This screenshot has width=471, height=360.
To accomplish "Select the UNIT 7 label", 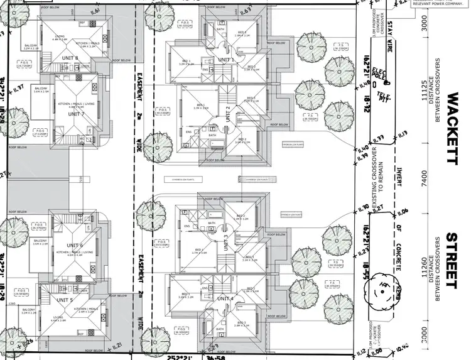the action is pyautogui.click(x=76, y=114).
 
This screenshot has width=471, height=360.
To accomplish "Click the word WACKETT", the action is pyautogui.click(x=452, y=129).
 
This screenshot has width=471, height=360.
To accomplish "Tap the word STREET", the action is pyautogui.click(x=452, y=261).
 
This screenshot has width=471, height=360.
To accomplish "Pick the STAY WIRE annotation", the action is pyautogui.click(x=389, y=37).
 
